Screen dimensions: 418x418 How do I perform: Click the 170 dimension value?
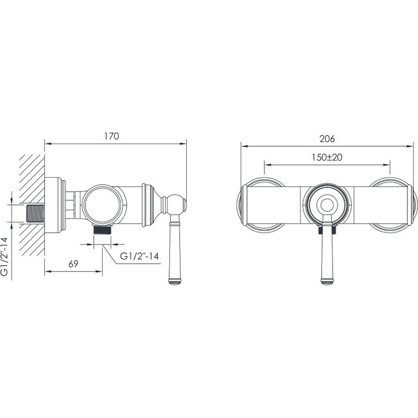tap(111, 136)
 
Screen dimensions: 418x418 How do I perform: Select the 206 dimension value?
tap(327, 139)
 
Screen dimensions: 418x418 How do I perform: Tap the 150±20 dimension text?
tap(327, 157)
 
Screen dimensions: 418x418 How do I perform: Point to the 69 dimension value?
tap(73, 264)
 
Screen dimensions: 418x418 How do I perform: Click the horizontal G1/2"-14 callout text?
tap(140, 256)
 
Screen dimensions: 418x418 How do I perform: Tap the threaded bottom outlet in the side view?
tap(103, 230)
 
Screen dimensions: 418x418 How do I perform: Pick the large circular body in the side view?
tap(104, 205)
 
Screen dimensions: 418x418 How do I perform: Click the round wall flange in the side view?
tap(55, 205)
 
